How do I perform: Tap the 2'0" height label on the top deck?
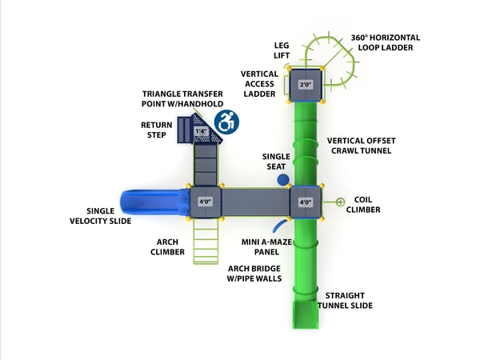305,84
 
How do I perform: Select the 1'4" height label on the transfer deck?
201,130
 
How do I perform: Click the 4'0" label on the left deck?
205,202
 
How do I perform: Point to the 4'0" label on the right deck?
305,202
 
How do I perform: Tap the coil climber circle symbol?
340,202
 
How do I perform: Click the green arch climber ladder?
206,240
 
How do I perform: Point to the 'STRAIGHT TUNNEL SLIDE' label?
345,300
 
